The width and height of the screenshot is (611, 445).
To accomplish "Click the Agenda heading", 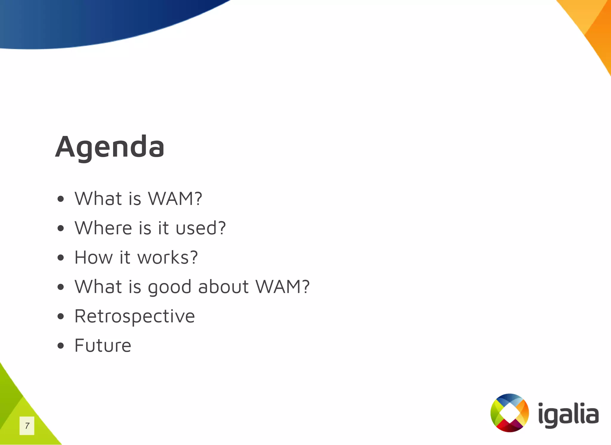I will pyautogui.click(x=109, y=147).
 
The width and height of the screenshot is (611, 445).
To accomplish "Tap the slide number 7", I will pyautogui.click(x=27, y=426).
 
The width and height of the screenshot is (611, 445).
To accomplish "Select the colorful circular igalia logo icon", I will pyautogui.click(x=510, y=413).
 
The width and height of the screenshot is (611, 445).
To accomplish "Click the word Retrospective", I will pyautogui.click(x=135, y=316).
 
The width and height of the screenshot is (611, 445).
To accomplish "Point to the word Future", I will pyautogui.click(x=103, y=345).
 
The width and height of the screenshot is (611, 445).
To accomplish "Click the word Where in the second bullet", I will pyautogui.click(x=103, y=228).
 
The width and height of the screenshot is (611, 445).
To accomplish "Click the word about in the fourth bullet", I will pyautogui.click(x=223, y=287).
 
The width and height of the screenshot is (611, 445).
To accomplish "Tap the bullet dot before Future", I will pyautogui.click(x=61, y=346).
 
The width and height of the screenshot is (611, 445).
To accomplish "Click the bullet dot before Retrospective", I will pyautogui.click(x=61, y=316).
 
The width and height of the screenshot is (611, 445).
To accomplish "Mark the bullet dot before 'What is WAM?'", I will pyautogui.click(x=61, y=199).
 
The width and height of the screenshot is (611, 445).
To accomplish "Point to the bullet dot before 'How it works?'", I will pyautogui.click(x=61, y=258).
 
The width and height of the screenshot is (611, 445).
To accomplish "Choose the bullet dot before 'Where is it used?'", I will pyautogui.click(x=61, y=228).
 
